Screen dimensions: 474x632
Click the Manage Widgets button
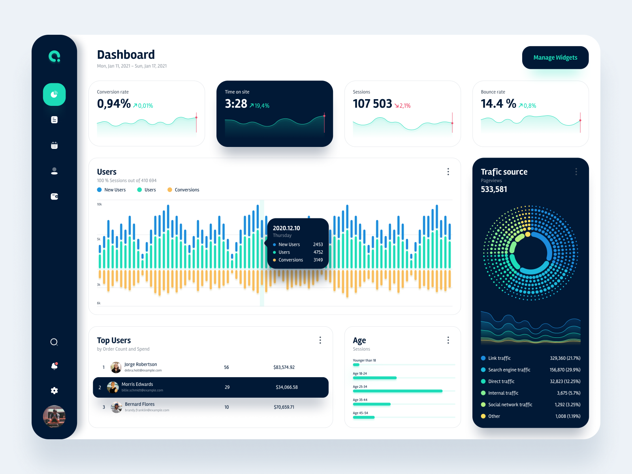555,58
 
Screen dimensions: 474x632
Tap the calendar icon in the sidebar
55,145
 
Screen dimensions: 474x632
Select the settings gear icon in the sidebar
55,390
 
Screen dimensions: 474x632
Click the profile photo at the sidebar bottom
54,416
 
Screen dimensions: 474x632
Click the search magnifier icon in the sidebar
55,342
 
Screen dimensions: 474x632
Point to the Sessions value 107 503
372,104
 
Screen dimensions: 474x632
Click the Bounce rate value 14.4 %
498,104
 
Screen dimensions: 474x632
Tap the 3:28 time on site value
236,104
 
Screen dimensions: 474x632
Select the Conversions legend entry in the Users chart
186,190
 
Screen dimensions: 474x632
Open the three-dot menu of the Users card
448,171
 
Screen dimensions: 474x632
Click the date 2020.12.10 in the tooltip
286,228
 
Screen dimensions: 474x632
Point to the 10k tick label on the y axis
100,204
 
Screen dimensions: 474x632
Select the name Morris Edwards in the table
137,384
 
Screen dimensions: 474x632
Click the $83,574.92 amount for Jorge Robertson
284,367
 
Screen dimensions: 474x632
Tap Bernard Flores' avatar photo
116,407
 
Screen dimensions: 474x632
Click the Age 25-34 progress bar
397,391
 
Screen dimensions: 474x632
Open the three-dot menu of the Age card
448,340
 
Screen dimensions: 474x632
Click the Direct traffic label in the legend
501,382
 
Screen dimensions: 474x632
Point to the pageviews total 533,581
494,189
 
